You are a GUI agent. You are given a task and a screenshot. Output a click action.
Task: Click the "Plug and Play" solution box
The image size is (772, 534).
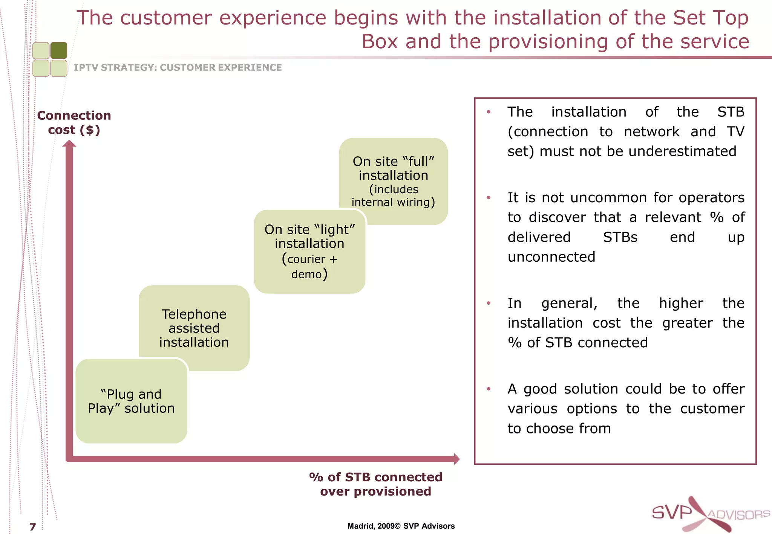tap(131, 401)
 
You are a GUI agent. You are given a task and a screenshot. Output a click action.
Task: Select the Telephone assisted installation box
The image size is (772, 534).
tap(194, 328)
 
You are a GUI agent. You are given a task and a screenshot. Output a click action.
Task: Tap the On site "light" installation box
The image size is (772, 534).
tap(309, 251)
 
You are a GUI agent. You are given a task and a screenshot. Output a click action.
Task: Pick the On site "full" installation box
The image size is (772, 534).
tap(393, 181)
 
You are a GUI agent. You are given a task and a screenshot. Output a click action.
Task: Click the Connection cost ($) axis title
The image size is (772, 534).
tap(74, 122)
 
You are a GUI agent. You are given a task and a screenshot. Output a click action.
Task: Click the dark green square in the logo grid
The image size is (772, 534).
tap(59, 50)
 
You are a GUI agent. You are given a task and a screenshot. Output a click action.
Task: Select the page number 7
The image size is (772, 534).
tap(33, 526)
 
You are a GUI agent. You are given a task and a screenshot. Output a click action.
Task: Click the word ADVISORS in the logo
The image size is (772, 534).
tap(738, 515)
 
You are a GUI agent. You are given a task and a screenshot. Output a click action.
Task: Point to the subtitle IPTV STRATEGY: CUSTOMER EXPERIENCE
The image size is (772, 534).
tap(178, 67)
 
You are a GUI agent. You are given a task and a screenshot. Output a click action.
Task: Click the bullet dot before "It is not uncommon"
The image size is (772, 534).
tap(489, 198)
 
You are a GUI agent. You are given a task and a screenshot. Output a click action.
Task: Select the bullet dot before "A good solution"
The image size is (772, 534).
tap(489, 389)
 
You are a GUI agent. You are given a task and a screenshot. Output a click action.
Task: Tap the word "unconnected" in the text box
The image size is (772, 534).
tap(551, 257)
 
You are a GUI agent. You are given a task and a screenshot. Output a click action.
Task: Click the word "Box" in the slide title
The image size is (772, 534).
tap(380, 41)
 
